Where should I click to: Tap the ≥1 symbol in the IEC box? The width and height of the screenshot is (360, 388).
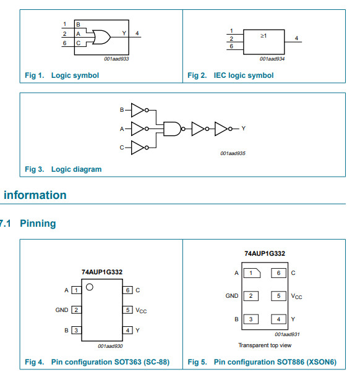tap(264, 36)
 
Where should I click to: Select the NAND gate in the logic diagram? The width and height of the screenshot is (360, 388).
tap(173, 129)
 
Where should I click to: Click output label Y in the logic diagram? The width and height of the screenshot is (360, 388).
tap(244, 129)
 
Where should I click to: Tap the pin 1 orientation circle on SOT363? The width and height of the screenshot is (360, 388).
tap(90, 287)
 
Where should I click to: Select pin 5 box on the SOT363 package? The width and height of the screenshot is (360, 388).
tap(127, 310)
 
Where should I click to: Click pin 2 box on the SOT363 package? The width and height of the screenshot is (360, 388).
tap(76, 310)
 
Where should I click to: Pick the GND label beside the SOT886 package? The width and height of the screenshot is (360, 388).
tap(232, 296)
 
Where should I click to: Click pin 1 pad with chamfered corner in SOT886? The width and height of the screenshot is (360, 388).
tap(252, 273)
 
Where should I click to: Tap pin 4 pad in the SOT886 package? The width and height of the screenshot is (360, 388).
tap(278, 319)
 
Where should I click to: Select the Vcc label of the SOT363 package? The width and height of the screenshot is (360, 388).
tap(141, 311)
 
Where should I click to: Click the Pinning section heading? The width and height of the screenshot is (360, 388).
tap(38, 224)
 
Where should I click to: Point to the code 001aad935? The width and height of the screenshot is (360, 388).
tap(233, 153)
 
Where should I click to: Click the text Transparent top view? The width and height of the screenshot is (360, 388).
tap(265, 345)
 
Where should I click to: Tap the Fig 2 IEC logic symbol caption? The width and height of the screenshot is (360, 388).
tap(231, 75)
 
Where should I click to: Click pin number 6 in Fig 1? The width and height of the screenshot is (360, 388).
tap(65, 43)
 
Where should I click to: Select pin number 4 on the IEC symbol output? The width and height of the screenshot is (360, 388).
tap(296, 38)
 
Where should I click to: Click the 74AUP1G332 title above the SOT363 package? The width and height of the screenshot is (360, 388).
tap(102, 272)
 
